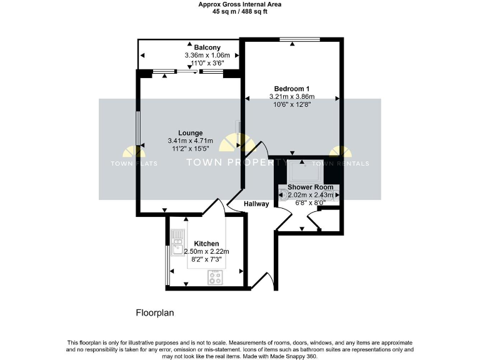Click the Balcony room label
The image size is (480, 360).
coord(207,47)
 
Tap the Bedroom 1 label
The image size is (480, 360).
coord(292,88)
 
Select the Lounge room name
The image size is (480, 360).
coord(190,132)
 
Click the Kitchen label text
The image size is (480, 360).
coord(206,243)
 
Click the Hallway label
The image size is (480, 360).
coord(256,204)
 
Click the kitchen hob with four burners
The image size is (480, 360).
coord(216,277)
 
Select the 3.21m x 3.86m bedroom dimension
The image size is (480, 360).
coord(292,97)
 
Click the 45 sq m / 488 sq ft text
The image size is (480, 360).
coord(239,12)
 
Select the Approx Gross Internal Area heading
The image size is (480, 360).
coord(239,4)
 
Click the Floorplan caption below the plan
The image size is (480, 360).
coord(154,312)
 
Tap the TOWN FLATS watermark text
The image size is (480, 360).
coord(134,164)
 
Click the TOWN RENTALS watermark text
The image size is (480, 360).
coord(345,164)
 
